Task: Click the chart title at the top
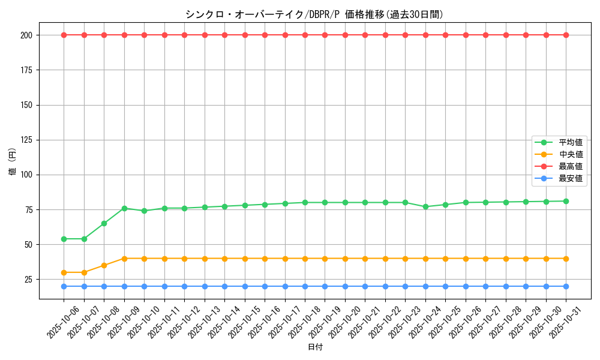coord(314,14)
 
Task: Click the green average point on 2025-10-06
coord(64,239)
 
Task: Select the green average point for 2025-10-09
coord(124,208)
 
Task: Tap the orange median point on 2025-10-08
coord(104,265)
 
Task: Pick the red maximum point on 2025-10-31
coord(566,35)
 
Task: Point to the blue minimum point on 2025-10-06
coord(64,286)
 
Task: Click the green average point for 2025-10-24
coord(425,206)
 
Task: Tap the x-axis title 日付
coord(314,347)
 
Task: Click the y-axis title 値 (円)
coord(13,162)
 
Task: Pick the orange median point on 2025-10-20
coord(345,259)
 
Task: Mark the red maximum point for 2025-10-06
coord(64,35)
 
